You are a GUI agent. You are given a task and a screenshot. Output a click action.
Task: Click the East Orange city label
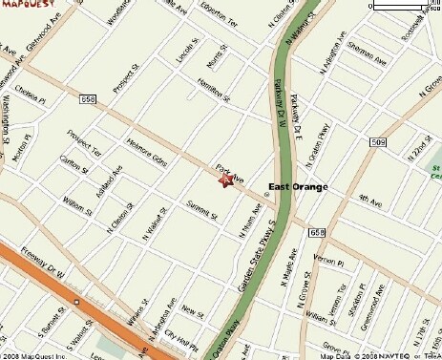coord(297,187)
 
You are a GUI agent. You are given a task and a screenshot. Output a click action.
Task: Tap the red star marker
coord(226,180)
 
